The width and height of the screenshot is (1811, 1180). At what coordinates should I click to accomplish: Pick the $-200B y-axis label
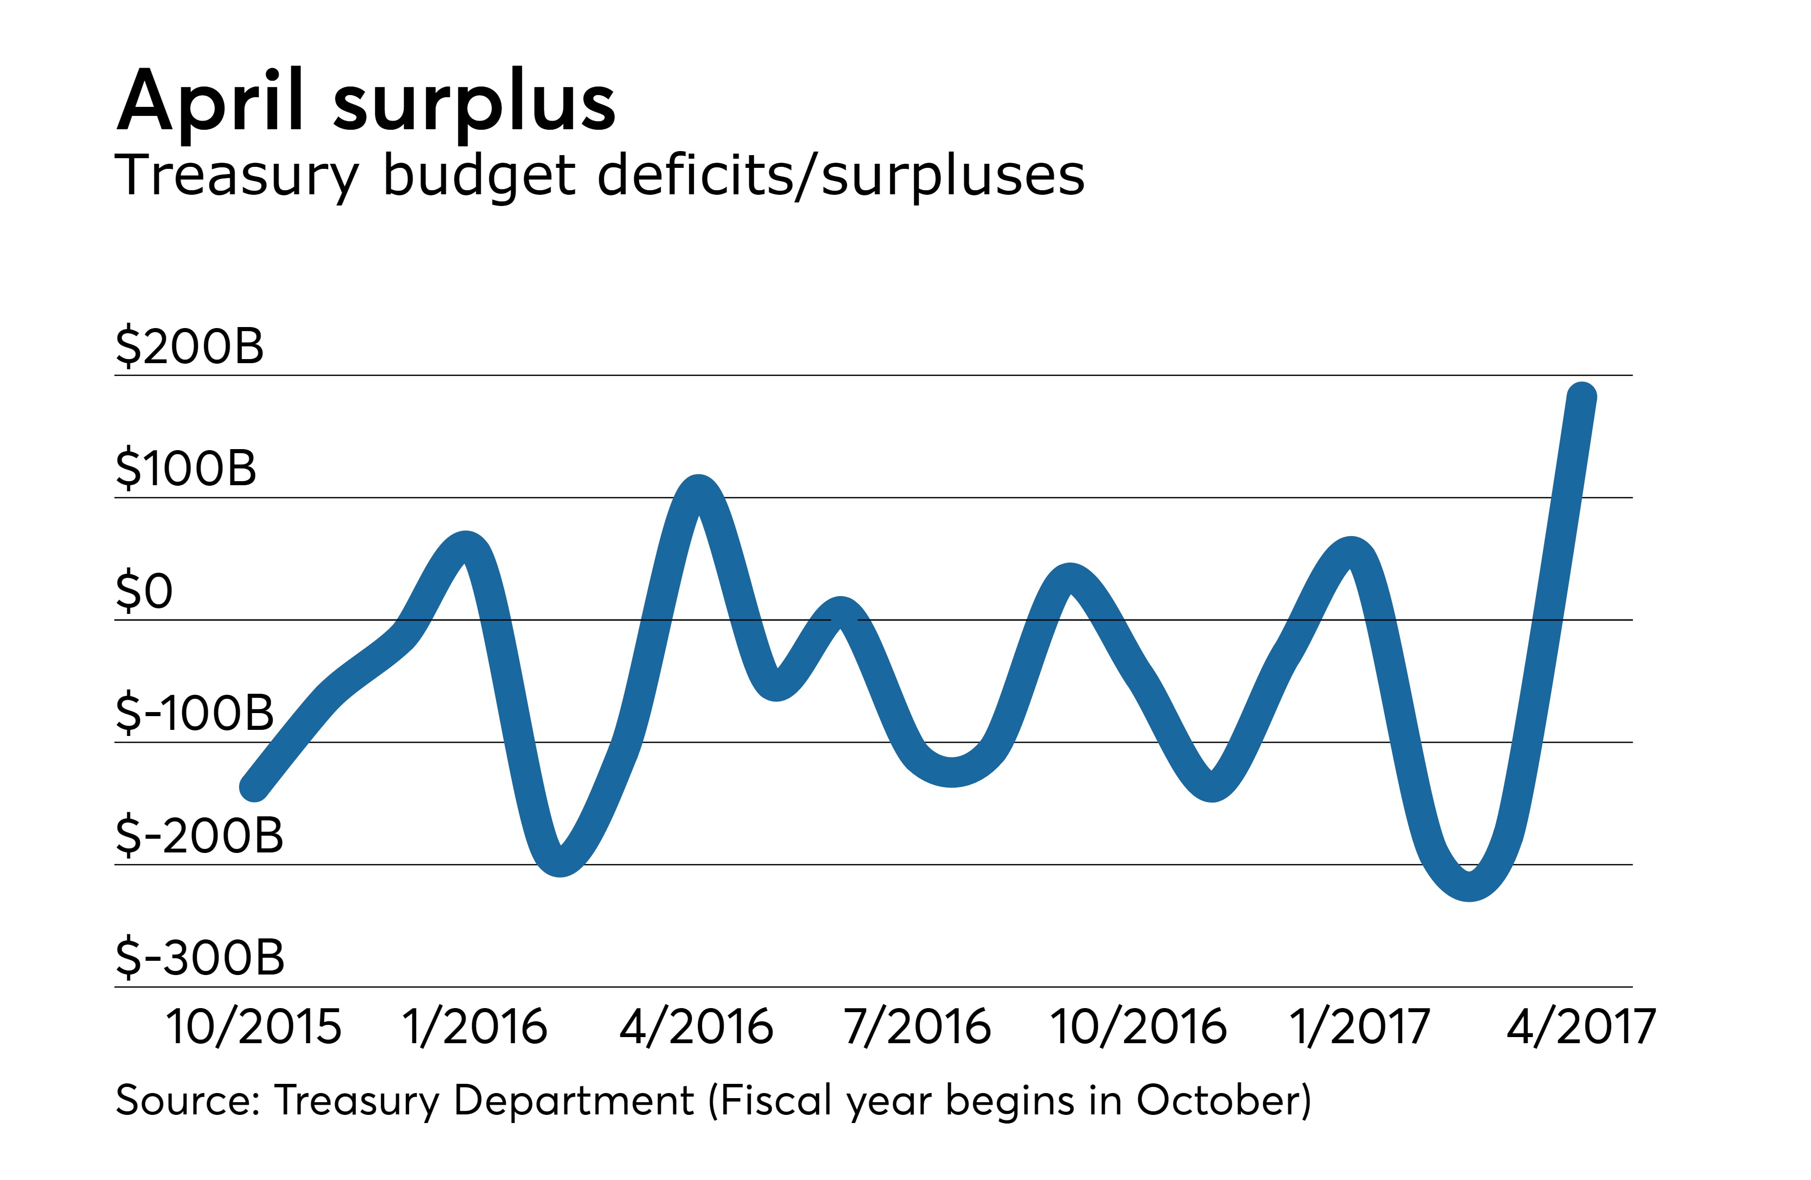pyautogui.click(x=199, y=835)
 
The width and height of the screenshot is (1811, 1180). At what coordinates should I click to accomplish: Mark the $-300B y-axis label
pyautogui.click(x=200, y=957)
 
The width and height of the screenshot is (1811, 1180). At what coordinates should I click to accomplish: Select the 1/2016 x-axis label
pyautogui.click(x=474, y=1027)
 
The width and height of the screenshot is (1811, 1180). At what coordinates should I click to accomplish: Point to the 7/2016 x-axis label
pyautogui.click(x=917, y=1027)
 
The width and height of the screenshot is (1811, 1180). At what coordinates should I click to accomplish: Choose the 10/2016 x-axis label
pyautogui.click(x=1138, y=1027)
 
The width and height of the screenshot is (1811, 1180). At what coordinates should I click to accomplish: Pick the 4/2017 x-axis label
pyautogui.click(x=1581, y=1027)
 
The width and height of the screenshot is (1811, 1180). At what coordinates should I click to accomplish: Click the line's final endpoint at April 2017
pyautogui.click(x=1582, y=396)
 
